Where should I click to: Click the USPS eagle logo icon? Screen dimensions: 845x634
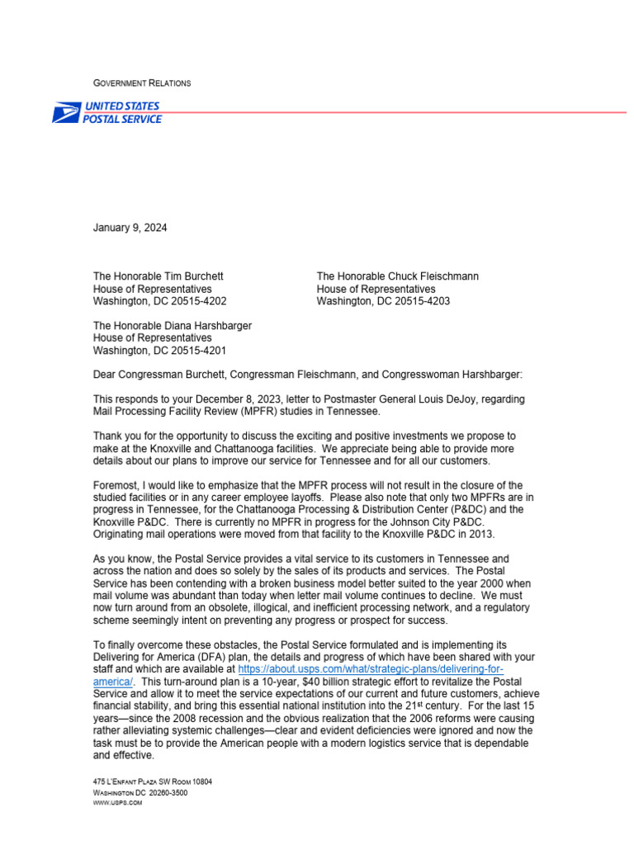point(67,113)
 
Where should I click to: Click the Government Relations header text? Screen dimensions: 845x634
point(142,83)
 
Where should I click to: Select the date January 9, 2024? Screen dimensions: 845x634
point(130,228)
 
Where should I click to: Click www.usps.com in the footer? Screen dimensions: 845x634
point(117,803)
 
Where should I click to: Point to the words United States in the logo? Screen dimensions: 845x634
point(122,106)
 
